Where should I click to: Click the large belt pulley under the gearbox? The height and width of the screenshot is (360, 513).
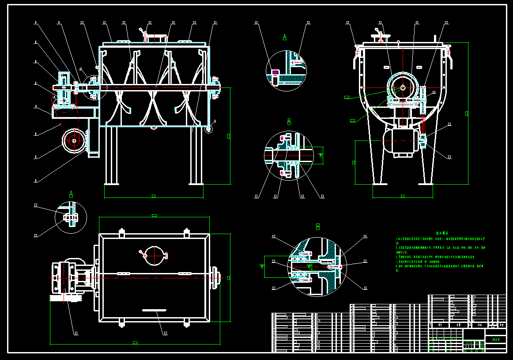[x=74, y=140]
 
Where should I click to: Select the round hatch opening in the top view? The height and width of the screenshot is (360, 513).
[x=153, y=255]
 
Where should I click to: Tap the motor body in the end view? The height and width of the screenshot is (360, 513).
[x=402, y=140]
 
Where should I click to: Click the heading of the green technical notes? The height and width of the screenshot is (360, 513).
[x=442, y=233]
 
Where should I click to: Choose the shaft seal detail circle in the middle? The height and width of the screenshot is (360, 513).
[x=289, y=155]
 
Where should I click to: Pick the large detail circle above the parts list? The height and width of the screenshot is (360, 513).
[x=317, y=266]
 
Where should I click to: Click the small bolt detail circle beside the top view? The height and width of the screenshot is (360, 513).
[x=71, y=217]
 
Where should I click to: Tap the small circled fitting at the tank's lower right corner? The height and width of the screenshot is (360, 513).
[x=208, y=129]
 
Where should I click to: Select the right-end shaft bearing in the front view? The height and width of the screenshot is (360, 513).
[x=215, y=87]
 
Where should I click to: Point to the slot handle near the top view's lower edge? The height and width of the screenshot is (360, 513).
[x=154, y=310]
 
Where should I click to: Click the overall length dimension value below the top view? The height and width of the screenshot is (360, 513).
[x=135, y=342]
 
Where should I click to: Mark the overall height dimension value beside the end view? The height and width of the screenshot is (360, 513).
[x=467, y=114]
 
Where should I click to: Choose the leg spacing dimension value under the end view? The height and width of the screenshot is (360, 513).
[x=402, y=196]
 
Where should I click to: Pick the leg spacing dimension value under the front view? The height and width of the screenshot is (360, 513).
[x=153, y=196]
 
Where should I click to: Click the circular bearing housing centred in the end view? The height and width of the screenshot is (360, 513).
[x=403, y=87]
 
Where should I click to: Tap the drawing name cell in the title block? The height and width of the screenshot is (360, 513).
[x=496, y=339]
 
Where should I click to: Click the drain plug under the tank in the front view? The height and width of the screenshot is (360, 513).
[x=154, y=128]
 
